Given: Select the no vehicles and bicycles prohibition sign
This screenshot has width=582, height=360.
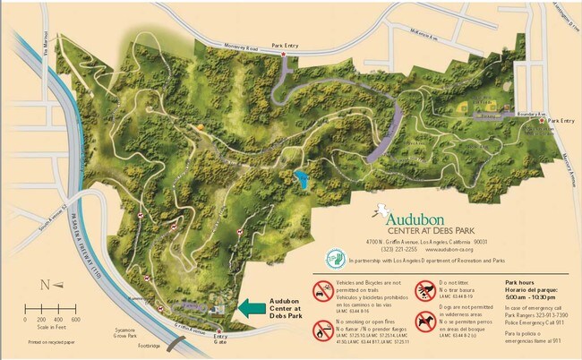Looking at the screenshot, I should click(321, 291).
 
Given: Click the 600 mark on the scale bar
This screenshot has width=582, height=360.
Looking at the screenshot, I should click(76, 320).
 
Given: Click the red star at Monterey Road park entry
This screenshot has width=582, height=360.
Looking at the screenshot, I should click(285, 55).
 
